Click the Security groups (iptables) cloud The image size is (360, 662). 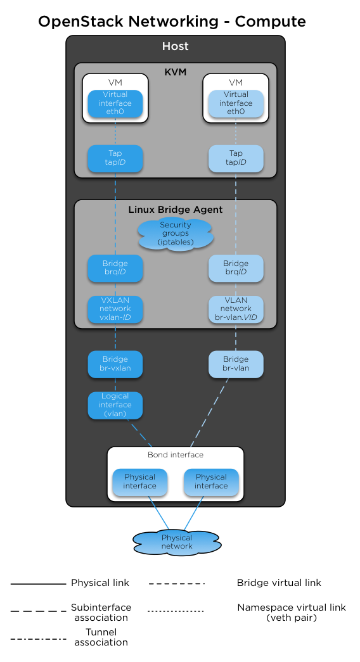pyautogui.click(x=176, y=234)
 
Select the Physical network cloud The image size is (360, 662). pyautogui.click(x=177, y=542)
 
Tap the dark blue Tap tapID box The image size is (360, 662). pyautogui.click(x=115, y=158)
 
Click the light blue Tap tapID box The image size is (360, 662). pyautogui.click(x=236, y=158)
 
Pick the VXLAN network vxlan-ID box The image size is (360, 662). pyautogui.click(x=115, y=309)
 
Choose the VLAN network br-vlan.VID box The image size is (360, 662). pyautogui.click(x=236, y=309)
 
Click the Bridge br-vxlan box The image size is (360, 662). pyautogui.click(x=115, y=364)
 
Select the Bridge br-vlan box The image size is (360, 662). pyautogui.click(x=236, y=364)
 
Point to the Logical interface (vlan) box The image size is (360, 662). pyautogui.click(x=115, y=405)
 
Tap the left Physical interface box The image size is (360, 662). pyautogui.click(x=139, y=481)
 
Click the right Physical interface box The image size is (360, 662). pyautogui.click(x=211, y=481)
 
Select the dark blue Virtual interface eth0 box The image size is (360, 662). pyautogui.click(x=115, y=103)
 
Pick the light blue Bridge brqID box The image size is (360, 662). pyautogui.click(x=236, y=268)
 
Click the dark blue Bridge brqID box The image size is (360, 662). pyautogui.click(x=115, y=268)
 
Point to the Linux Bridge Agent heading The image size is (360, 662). pyautogui.click(x=176, y=210)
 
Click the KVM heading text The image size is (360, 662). pyautogui.click(x=176, y=72)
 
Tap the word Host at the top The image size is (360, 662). pyautogui.click(x=176, y=46)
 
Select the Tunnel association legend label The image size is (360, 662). pyautogui.click(x=101, y=637)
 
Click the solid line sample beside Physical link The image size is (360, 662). pyautogui.click(x=38, y=583)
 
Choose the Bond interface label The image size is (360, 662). pyautogui.click(x=176, y=455)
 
